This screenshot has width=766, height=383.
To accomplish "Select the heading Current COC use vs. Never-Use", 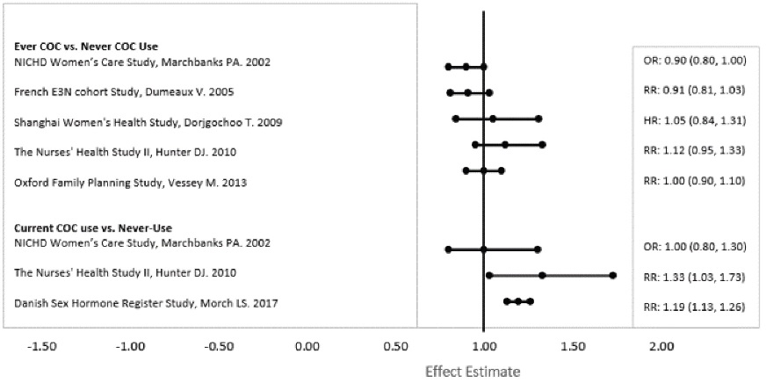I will (x=86, y=228).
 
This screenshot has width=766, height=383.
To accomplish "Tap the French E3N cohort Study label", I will (x=125, y=91).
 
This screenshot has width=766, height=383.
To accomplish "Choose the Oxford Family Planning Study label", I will (x=131, y=182).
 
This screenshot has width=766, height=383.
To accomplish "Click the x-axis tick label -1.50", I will (x=43, y=346).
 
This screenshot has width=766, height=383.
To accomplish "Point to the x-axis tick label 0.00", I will (x=307, y=346).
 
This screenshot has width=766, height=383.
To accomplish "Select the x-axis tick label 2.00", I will (x=660, y=346).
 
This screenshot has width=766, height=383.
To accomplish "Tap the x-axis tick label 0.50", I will (x=396, y=346).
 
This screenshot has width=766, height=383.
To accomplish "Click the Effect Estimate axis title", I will (x=473, y=371).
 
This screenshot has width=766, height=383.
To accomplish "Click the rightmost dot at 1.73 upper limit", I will (x=612, y=275).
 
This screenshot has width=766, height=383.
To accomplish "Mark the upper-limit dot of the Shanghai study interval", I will (x=538, y=118).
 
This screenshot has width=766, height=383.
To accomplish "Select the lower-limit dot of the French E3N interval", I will (x=450, y=91).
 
